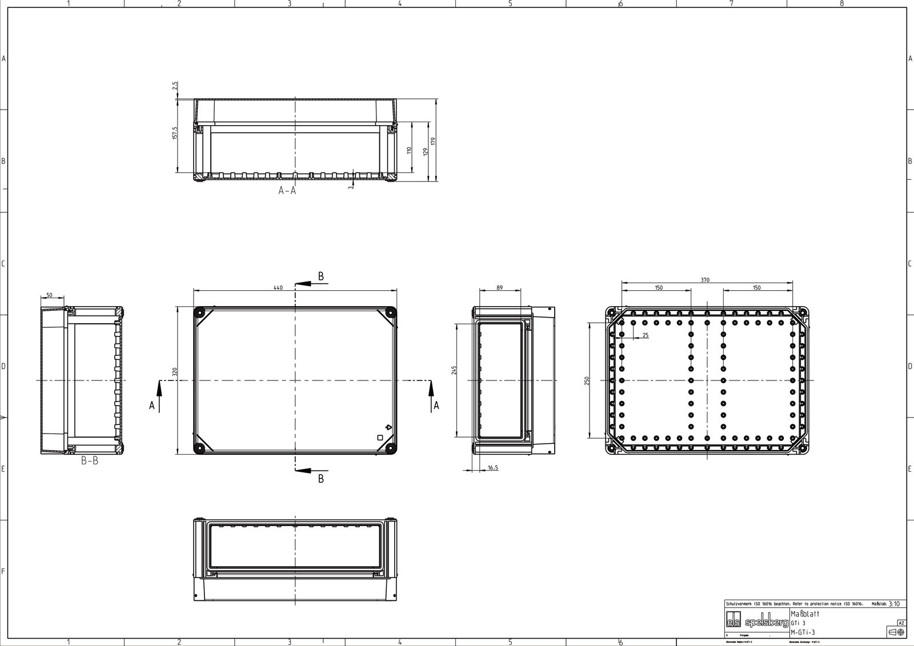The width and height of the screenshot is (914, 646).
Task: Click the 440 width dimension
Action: tap(278, 288)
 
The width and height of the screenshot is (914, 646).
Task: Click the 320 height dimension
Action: tap(174, 372)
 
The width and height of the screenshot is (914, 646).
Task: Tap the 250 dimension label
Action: tap(587, 381)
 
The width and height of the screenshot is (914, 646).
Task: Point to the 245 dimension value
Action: tap(454, 370)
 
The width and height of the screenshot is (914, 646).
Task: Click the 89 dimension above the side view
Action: tap(499, 288)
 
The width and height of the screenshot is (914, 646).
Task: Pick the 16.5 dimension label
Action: tap(492, 468)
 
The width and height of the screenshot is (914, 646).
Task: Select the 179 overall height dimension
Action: tap(434, 141)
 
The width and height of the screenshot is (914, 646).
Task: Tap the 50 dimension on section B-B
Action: tap(49, 295)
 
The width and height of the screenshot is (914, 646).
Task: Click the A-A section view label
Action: tap(287, 191)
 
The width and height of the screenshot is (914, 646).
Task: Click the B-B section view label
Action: tap(89, 461)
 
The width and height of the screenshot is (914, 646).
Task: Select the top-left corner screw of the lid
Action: tap(200, 312)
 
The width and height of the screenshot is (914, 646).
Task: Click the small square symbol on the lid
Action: tap(380, 438)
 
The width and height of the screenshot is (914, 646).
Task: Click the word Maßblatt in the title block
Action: tap(805, 613)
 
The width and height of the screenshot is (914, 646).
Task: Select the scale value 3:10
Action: tap(894, 604)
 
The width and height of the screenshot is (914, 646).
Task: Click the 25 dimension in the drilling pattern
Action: tap(645, 336)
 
